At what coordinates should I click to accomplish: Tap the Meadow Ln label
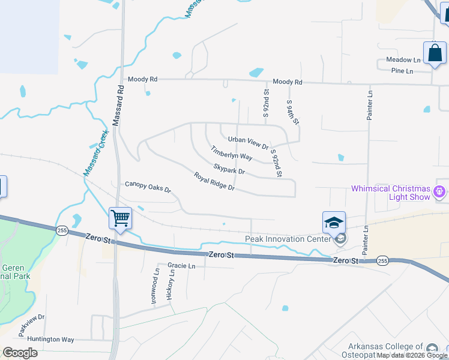403,60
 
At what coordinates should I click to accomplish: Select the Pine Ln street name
402,71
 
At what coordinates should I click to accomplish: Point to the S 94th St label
292,112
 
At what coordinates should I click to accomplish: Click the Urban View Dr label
248,143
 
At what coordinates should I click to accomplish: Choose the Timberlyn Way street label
231,152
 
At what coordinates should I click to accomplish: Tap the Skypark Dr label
229,168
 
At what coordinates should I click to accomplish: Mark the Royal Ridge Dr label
214,182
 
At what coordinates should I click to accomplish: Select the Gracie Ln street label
182,266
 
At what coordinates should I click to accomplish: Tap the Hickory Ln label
171,284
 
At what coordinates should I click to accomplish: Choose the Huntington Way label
50,340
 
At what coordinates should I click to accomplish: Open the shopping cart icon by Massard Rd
120,218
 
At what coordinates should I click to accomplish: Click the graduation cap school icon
334,223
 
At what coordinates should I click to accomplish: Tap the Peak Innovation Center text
288,239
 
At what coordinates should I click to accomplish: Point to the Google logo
20,353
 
